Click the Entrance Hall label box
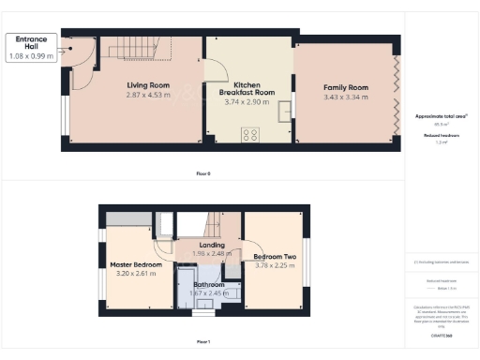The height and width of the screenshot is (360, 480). click(x=32, y=48)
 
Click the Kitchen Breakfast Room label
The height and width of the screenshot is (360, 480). click(x=247, y=89)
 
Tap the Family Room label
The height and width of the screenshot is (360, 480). click(x=345, y=87)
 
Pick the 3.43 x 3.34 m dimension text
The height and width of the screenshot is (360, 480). click(x=345, y=97)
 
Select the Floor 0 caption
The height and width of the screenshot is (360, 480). click(x=203, y=174)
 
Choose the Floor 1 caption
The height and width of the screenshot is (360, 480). click(x=203, y=341)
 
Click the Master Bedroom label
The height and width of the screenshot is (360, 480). click(x=129, y=265)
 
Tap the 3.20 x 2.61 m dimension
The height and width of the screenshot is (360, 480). click(x=129, y=275)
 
